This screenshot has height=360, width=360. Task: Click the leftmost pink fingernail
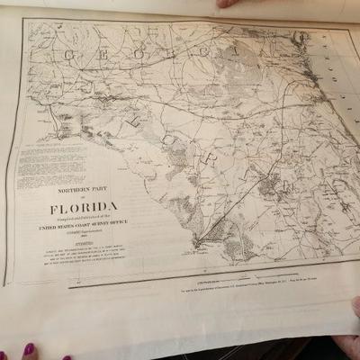[29, 348]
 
